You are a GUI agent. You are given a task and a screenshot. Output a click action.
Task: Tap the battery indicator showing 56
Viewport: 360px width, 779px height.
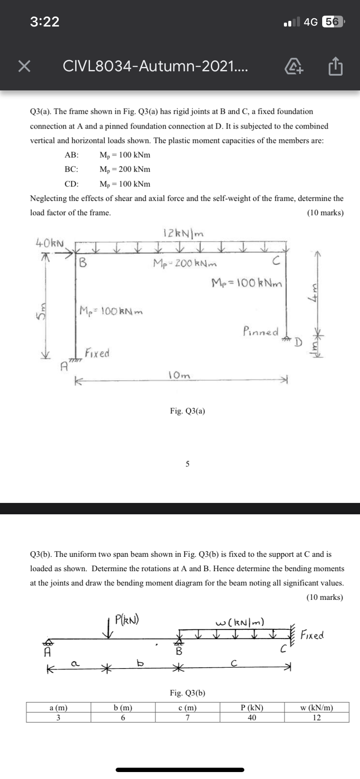(333, 21)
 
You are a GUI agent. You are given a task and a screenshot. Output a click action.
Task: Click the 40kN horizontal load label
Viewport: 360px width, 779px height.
(50, 242)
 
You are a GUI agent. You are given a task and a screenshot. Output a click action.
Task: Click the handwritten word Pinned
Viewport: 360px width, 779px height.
(261, 332)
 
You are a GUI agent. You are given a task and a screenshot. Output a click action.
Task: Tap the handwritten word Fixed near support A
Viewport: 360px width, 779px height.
(97, 353)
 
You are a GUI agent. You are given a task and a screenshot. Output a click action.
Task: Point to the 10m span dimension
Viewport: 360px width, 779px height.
(179, 375)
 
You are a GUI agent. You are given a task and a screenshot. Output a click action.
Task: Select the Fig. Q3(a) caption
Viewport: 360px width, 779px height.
(187, 410)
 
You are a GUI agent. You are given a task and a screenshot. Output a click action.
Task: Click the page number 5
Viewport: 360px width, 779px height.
(187, 464)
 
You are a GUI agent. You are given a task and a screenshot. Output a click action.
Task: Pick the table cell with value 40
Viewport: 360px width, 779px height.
(252, 717)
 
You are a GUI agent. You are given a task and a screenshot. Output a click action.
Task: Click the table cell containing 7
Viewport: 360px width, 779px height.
(187, 717)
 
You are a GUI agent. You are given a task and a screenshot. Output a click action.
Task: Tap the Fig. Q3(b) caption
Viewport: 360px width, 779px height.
(187, 693)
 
